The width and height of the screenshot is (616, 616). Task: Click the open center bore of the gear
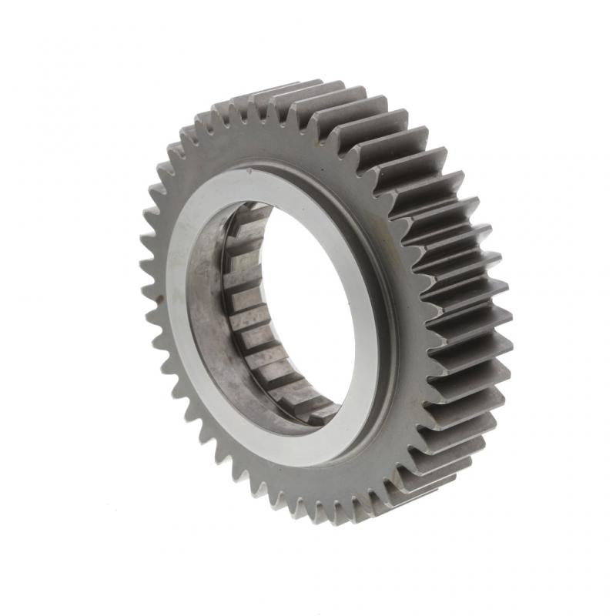tap(308, 308)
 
